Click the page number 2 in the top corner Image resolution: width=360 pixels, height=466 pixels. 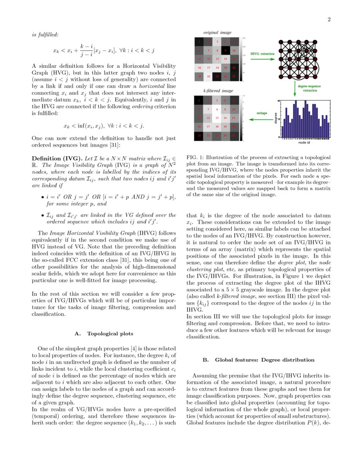click(329, 19)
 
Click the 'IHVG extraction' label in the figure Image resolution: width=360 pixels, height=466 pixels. click(262, 54)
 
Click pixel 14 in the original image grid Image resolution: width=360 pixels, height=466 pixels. click(227, 59)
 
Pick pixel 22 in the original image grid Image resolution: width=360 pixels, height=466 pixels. click(208, 76)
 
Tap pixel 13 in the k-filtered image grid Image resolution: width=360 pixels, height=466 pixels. click(217, 118)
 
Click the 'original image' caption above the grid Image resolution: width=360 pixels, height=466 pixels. click(217, 33)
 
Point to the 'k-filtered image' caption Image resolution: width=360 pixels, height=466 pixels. click(218, 91)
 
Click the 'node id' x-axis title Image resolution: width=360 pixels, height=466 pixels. click(304, 143)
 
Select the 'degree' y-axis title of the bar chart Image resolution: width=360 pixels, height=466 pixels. click(276, 118)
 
